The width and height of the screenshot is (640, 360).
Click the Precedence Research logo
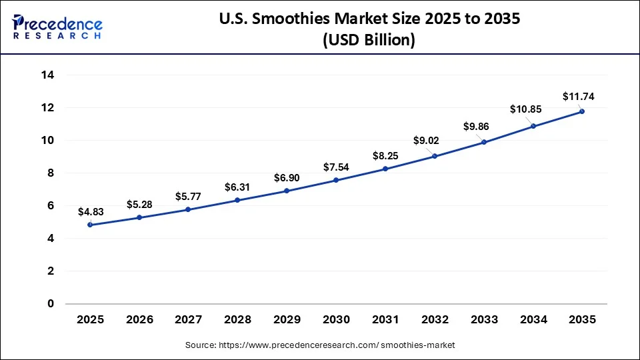click(x=57, y=27)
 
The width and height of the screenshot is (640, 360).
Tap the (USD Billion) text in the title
click(x=369, y=40)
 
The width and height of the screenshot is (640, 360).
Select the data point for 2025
click(x=90, y=225)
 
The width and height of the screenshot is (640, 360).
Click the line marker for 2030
click(x=336, y=180)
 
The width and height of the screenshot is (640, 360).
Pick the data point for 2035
click(x=582, y=111)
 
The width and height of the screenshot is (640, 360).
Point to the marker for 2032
click(x=435, y=156)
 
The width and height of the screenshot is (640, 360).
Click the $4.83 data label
click(x=90, y=211)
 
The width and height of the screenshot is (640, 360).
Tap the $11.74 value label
click(x=578, y=97)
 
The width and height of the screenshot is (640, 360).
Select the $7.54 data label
click(x=336, y=167)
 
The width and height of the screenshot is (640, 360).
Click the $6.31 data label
click(x=237, y=187)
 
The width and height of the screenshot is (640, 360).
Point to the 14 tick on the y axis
click(x=47, y=75)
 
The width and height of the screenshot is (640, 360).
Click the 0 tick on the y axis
click(x=50, y=304)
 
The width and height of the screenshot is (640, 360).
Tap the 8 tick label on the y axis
click(x=50, y=173)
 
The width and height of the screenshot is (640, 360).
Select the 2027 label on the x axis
click(x=188, y=319)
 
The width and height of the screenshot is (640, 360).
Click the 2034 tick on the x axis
click(x=533, y=319)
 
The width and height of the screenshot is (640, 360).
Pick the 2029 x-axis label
click(x=287, y=319)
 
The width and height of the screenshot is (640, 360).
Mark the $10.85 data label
click(x=527, y=109)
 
